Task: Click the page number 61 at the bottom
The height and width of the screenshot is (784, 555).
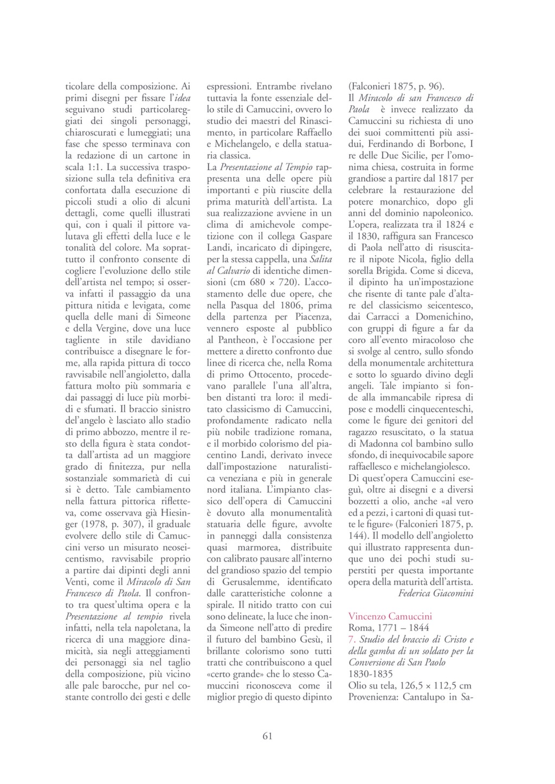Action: [267, 736]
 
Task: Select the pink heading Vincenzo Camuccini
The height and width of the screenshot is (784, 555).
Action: [390, 616]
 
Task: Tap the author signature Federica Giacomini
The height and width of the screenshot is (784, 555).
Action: [436, 593]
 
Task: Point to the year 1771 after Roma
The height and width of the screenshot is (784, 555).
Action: [385, 627]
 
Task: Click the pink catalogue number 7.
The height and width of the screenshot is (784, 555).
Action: [351, 639]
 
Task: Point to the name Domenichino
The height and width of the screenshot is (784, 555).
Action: [447, 317]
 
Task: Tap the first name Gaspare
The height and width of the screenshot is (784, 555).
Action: [314, 237]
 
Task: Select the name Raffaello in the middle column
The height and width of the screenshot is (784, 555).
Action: [308, 132]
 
